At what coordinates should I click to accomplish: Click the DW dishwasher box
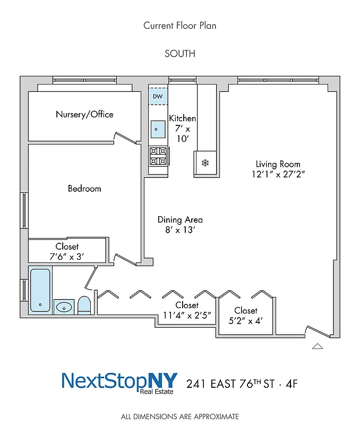pyautogui.click(x=158, y=96)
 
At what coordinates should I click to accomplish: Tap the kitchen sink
pyautogui.click(x=157, y=129)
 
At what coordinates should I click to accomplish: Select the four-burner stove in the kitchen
pyautogui.click(x=158, y=156)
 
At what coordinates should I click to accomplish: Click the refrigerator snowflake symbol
pyautogui.click(x=205, y=163)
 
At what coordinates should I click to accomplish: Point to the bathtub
pyautogui.click(x=40, y=290)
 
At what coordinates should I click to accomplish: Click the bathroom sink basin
pyautogui.click(x=64, y=307)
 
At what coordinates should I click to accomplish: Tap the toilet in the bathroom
pyautogui.click(x=84, y=305)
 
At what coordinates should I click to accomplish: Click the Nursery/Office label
pyautogui.click(x=84, y=114)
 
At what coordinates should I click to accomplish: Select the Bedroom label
pyautogui.click(x=84, y=189)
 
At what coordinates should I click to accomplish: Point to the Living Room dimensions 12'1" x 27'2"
pyautogui.click(x=278, y=174)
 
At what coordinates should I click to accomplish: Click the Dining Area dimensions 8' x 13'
pyautogui.click(x=180, y=230)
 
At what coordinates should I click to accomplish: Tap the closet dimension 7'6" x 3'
pyautogui.click(x=67, y=257)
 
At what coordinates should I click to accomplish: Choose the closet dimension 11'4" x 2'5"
pyautogui.click(x=187, y=315)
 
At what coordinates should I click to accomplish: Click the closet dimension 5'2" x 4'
pyautogui.click(x=246, y=320)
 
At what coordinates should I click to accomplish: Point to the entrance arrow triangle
pyautogui.click(x=318, y=346)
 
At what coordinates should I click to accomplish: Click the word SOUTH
pyautogui.click(x=180, y=53)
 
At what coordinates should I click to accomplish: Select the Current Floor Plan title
pyautogui.click(x=180, y=25)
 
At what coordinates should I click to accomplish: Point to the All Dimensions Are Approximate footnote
pyautogui.click(x=180, y=416)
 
